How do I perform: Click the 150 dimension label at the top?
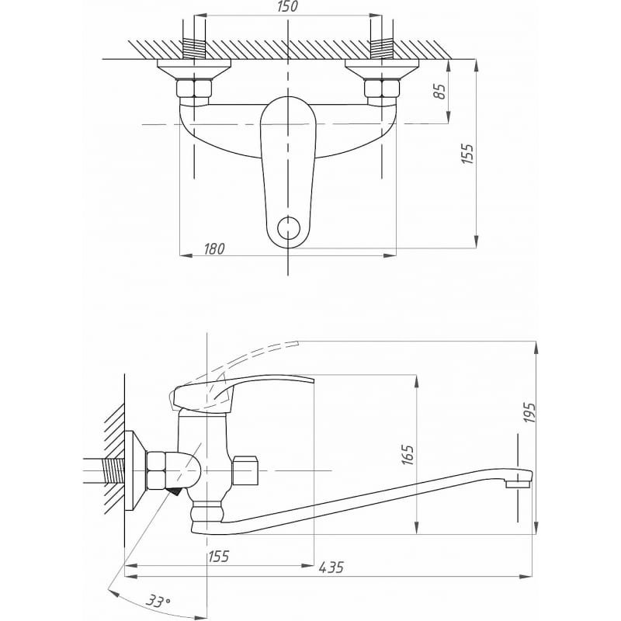[288, 8]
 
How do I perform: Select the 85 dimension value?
[439, 91]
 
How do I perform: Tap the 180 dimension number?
[215, 248]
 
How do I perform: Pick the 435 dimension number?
[332, 568]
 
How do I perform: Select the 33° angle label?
[158, 601]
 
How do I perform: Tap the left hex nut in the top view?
[194, 88]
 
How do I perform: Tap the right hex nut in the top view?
[382, 88]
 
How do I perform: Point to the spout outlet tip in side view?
[518, 484]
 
